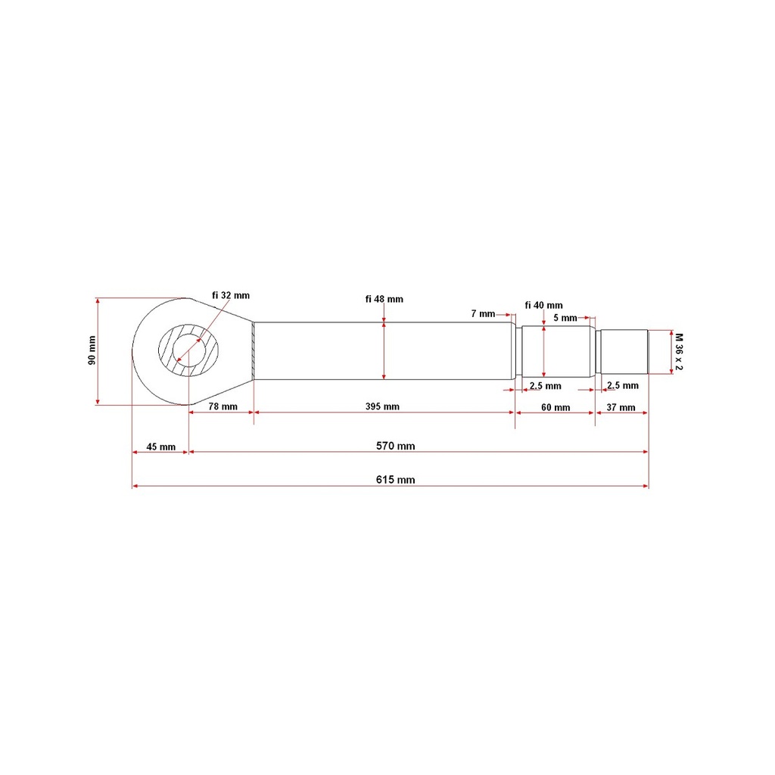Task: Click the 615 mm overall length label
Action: point(395,479)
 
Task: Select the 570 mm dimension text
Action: point(395,446)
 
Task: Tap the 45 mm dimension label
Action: point(160,447)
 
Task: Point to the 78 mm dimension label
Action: point(223,406)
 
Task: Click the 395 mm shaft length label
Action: point(382,406)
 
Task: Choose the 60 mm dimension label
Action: point(556,407)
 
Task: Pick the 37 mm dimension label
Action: point(621,407)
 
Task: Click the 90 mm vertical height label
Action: point(92,350)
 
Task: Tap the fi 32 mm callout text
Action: point(231,296)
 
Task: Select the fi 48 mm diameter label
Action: point(384,299)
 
